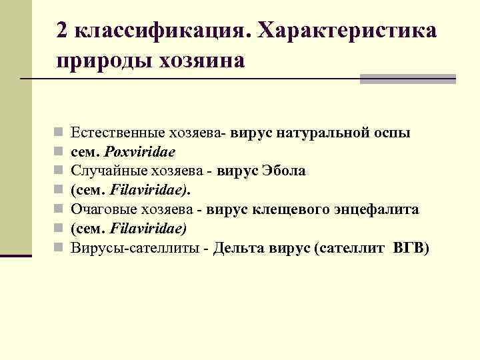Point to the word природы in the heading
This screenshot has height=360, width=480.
(x=104, y=61)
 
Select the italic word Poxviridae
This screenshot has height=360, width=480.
(x=140, y=152)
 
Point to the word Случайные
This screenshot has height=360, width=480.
(x=104, y=171)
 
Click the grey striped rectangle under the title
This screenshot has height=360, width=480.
(x=407, y=79)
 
